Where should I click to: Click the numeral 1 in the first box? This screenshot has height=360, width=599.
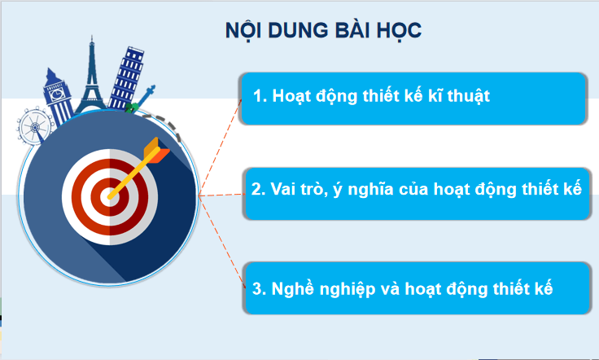[x=256, y=96]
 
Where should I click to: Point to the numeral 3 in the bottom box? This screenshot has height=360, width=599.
[x=256, y=288]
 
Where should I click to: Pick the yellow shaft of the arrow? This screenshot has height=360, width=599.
[x=130, y=173]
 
